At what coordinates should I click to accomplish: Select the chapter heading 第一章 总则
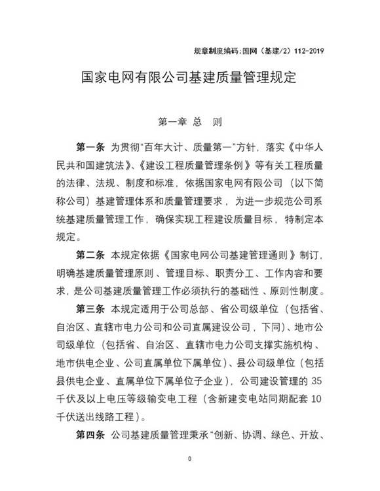click(189, 122)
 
